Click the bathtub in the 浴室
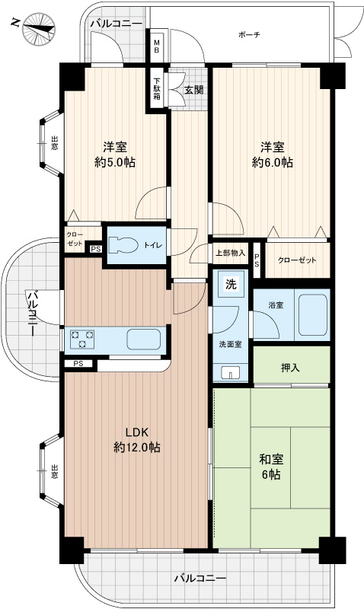pyautogui.click(x=313, y=314)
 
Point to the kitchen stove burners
pyautogui.click(x=81, y=337)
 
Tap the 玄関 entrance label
pyautogui.click(x=193, y=89)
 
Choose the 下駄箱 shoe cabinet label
pyautogui.click(x=157, y=87)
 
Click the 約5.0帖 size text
pyautogui.click(x=115, y=161)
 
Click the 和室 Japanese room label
pyautogui.click(x=271, y=459)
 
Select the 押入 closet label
pyautogui.click(x=290, y=368)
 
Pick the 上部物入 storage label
pyautogui.click(x=230, y=253)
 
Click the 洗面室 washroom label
pyautogui.click(x=230, y=343)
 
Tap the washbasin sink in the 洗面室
pyautogui.click(x=232, y=372)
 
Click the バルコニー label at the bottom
pyautogui.click(x=200, y=579)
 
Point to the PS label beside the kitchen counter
pyautogui.click(x=78, y=365)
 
